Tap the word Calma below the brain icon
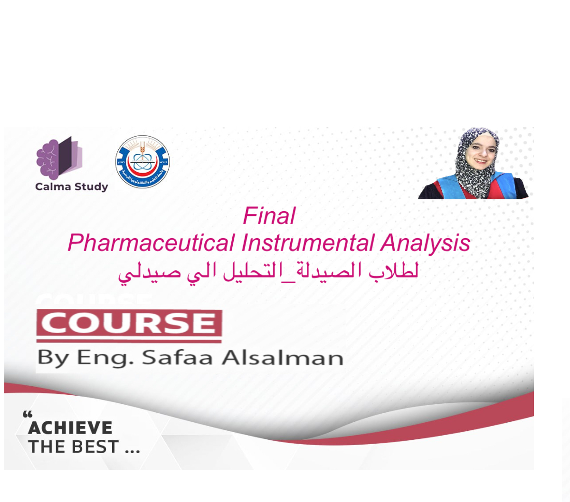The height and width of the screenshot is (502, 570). pos(51,186)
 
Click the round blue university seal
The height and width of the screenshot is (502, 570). pos(142,162)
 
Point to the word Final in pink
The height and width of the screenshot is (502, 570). pos(269,216)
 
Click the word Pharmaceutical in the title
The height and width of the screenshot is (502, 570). pos(151,243)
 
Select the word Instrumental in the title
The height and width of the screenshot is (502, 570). pos(308,243)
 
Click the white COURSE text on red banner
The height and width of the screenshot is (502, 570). pos(129,323)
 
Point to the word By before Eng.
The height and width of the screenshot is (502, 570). pos(53,358)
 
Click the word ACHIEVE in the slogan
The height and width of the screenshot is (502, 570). pos(70,428)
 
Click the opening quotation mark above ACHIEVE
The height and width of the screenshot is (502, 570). pos(28,415)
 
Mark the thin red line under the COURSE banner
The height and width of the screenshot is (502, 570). pos(129,341)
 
